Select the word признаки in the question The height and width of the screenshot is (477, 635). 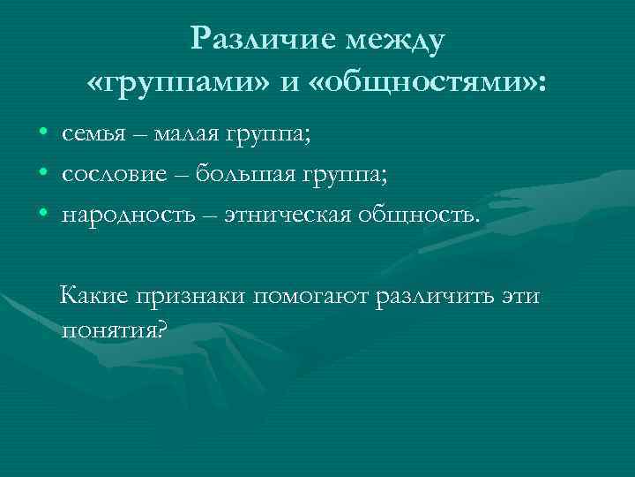192,297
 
